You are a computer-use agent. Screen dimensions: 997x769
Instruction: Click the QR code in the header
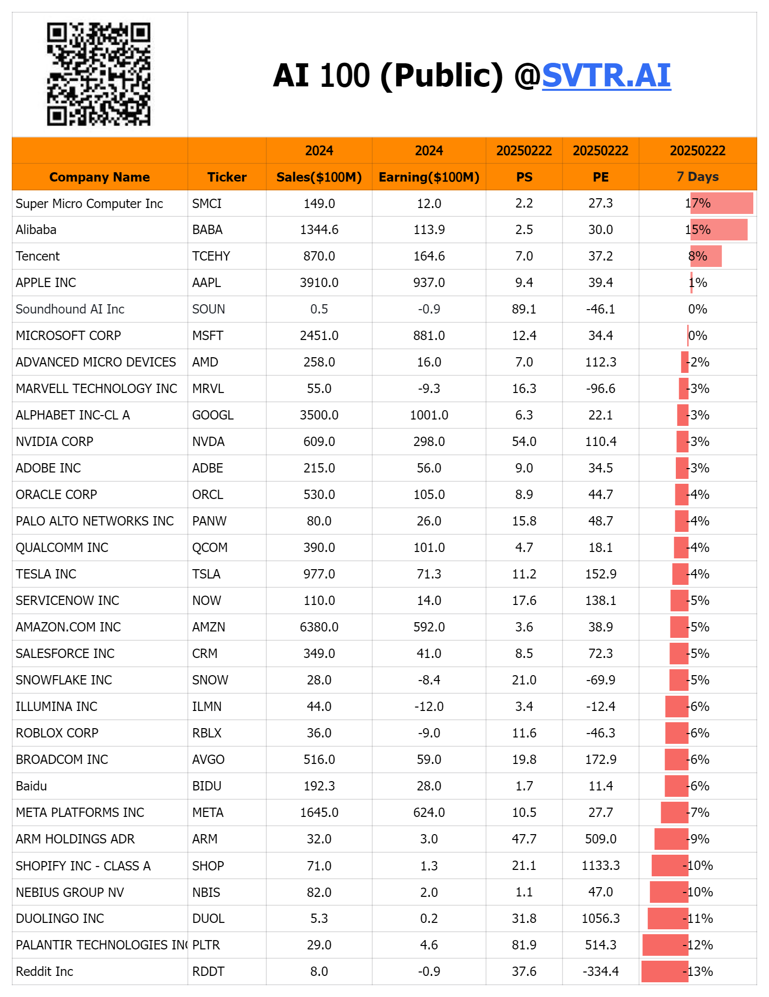tap(99, 74)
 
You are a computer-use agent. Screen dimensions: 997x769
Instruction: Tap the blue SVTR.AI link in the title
tap(606, 76)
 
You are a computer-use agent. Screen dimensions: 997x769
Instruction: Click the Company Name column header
tap(100, 177)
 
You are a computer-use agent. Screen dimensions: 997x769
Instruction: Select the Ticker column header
tap(227, 177)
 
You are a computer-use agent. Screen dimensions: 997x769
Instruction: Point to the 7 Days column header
tap(697, 177)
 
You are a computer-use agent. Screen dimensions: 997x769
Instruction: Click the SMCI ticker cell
tap(207, 204)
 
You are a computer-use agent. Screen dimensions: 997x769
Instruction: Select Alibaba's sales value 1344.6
tap(319, 230)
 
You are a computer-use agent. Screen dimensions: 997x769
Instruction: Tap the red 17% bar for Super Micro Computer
tap(721, 203)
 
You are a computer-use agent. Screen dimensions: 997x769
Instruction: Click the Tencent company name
tap(38, 256)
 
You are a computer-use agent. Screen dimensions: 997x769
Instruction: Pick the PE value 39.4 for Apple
tap(600, 283)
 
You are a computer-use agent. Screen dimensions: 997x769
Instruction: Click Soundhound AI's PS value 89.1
tap(524, 309)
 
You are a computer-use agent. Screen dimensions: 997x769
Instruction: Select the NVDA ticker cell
tap(208, 442)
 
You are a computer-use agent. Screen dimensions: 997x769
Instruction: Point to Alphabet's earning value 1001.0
tap(429, 415)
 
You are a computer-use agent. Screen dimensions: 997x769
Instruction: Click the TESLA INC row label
tap(46, 574)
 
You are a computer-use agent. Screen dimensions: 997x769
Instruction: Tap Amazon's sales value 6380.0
tap(319, 627)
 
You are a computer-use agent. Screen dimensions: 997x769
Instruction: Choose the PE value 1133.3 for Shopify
tap(600, 866)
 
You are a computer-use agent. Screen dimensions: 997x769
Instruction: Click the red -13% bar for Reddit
tap(665, 971)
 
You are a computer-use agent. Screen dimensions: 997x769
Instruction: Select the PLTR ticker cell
tap(206, 945)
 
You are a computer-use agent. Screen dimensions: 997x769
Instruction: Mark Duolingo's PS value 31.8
tap(524, 918)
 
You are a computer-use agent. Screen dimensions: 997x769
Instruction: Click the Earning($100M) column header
tap(429, 177)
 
